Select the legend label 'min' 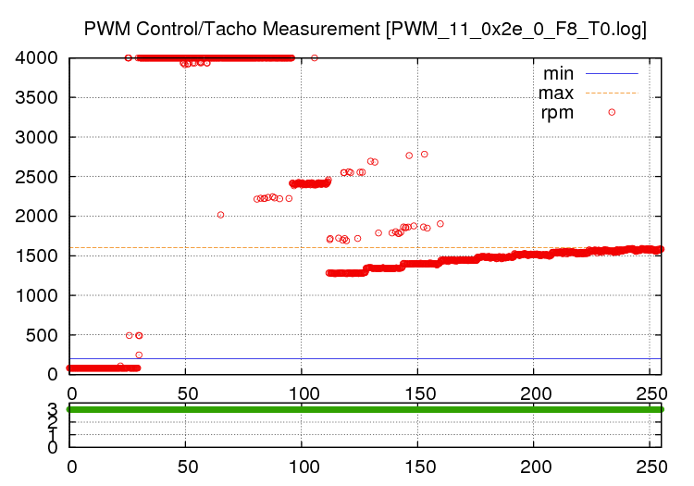pos(558,72)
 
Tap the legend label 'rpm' pos(558,113)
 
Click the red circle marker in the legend pos(612,112)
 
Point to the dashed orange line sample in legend pos(612,93)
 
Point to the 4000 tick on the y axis pos(38,58)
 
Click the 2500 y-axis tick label pos(38,177)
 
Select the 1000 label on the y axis pos(38,295)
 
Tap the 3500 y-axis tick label pos(38,98)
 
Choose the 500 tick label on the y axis pos(43,335)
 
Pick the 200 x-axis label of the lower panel pos(535,467)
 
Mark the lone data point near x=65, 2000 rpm pos(220,215)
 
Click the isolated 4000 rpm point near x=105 pos(315,57)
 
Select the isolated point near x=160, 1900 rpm pos(440,223)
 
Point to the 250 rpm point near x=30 pos(139,355)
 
